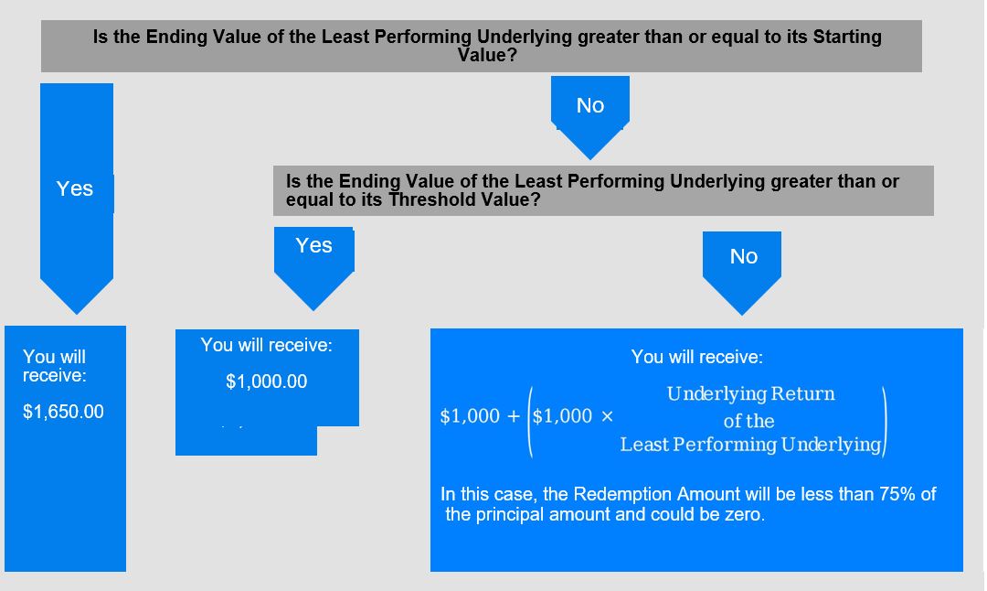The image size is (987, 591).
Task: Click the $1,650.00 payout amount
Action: [x=63, y=412]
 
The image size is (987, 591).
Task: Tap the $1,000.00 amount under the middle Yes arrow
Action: [x=266, y=381]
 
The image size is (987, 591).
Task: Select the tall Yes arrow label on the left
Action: [x=74, y=188]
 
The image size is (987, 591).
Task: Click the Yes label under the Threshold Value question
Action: [x=313, y=245]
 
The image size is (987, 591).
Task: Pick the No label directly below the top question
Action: [x=589, y=105]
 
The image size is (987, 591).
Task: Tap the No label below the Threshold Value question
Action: [x=743, y=256]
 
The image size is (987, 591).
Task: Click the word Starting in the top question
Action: [x=846, y=38]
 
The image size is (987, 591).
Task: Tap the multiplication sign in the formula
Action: [x=607, y=416]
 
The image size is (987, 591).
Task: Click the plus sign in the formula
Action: [x=514, y=416]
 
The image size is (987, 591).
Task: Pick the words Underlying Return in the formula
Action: [x=750, y=393]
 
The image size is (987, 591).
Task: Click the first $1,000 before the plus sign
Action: [x=470, y=416]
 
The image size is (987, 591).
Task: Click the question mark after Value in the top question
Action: [x=511, y=56]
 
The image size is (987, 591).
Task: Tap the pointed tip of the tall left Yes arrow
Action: [x=77, y=314]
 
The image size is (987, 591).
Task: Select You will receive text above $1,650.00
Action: [x=54, y=366]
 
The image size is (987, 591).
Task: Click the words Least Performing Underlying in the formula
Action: [x=750, y=445]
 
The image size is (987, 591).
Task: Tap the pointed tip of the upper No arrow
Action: [x=589, y=159]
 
